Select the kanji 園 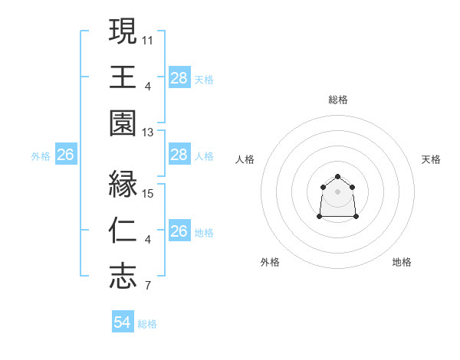click(x=123, y=123)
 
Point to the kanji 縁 click(x=123, y=184)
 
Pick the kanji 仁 click(x=123, y=231)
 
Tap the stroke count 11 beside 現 click(x=148, y=39)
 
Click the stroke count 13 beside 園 click(x=148, y=133)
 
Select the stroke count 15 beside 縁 click(x=148, y=194)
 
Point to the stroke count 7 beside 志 click(x=148, y=287)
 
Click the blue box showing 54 click(x=122, y=322)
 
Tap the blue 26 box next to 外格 click(x=65, y=155)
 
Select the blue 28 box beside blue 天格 click(x=179, y=78)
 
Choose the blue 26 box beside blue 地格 click(x=179, y=231)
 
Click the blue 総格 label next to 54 click(x=147, y=324)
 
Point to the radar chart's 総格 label click(x=337, y=100)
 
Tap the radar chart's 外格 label click(x=270, y=262)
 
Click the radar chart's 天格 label click(x=431, y=159)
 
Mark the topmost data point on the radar click(x=337, y=178)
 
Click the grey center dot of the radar click(x=337, y=191)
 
